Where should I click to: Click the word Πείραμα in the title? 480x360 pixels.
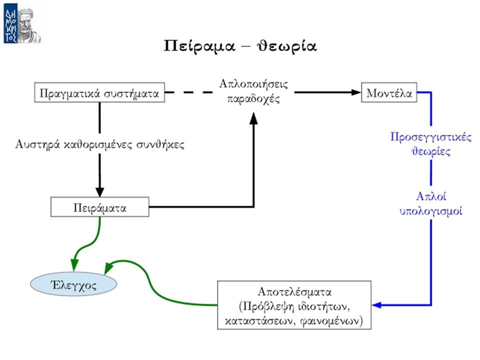[199, 46]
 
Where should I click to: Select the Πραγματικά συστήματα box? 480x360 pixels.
[99, 92]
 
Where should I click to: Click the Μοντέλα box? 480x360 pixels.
[389, 92]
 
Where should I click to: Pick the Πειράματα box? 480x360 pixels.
[100, 207]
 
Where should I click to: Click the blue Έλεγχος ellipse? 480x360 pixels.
[73, 284]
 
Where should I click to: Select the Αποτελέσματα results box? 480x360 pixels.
[294, 305]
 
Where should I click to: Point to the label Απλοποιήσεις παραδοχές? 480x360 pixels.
[253, 91]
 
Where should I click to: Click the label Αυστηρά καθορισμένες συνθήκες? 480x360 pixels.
[100, 144]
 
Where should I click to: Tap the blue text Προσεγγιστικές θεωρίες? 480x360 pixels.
[430, 143]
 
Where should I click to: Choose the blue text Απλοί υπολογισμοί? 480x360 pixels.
[430, 203]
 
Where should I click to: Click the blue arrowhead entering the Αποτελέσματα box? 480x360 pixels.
[376, 305]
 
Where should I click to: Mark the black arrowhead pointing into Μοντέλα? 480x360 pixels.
[356, 92]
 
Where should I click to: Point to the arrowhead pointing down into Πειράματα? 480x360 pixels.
[100, 192]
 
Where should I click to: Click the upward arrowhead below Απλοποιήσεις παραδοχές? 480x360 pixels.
[253, 118]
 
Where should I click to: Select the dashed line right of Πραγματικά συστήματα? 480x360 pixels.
[189, 92]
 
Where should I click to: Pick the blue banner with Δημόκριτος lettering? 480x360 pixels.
[10, 23]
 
